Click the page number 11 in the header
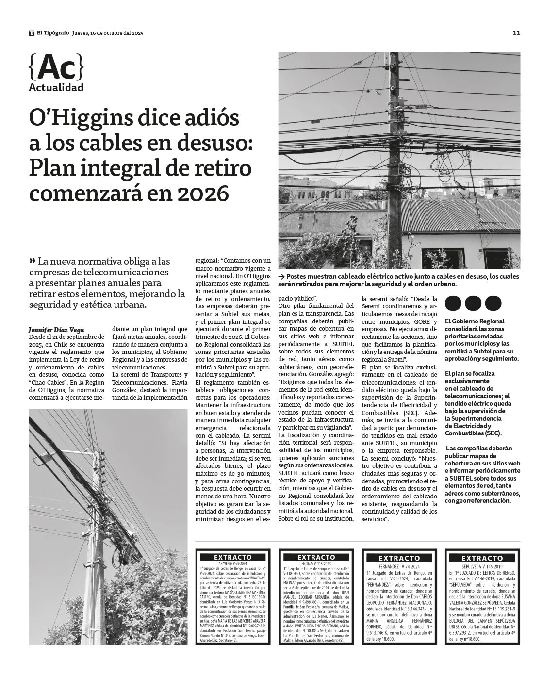516,33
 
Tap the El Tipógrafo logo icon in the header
32,33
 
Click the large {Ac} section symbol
56,68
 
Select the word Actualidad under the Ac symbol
56,88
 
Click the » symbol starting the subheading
32,260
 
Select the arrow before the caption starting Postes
281,276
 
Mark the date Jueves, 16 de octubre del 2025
108,33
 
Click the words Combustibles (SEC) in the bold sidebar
473,433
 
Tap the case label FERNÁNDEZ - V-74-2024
399,566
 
